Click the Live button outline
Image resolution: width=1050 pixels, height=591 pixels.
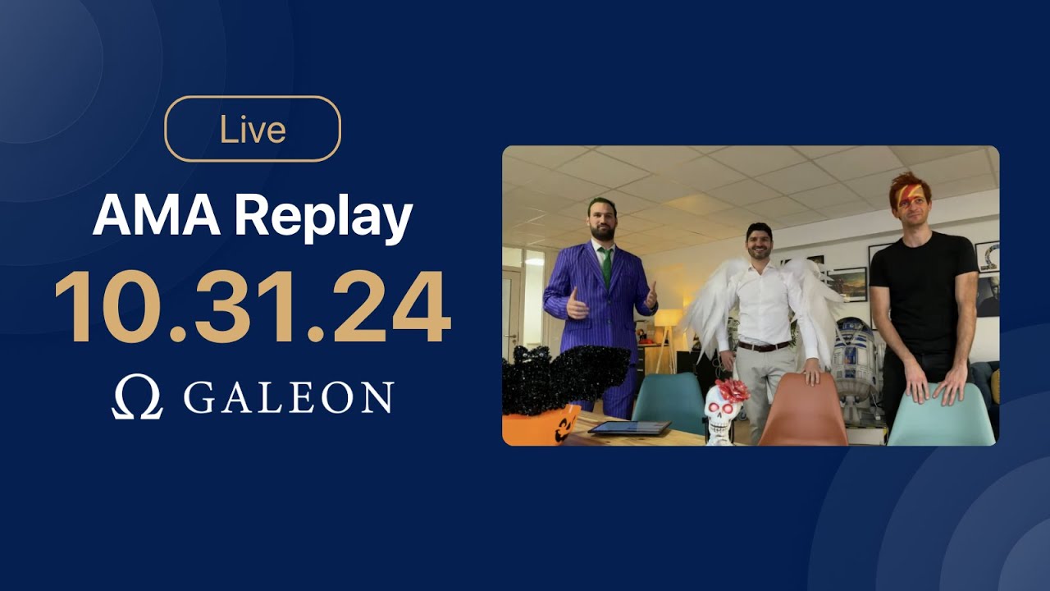pyautogui.click(x=253, y=129)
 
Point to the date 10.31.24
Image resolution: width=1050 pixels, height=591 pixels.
pyautogui.click(x=252, y=307)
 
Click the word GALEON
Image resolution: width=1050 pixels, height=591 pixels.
pyautogui.click(x=288, y=398)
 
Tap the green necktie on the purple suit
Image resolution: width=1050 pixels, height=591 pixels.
pyautogui.click(x=605, y=267)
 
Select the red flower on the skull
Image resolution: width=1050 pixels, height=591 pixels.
pyautogui.click(x=733, y=389)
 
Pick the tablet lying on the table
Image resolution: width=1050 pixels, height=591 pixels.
pyautogui.click(x=629, y=428)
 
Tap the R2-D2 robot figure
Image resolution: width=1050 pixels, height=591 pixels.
pyautogui.click(x=853, y=361)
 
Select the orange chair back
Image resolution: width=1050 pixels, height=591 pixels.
pyautogui.click(x=802, y=410)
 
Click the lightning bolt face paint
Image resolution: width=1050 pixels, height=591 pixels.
pyautogui.click(x=907, y=194)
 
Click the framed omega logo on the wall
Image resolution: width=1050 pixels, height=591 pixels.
pyautogui.click(x=988, y=256)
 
